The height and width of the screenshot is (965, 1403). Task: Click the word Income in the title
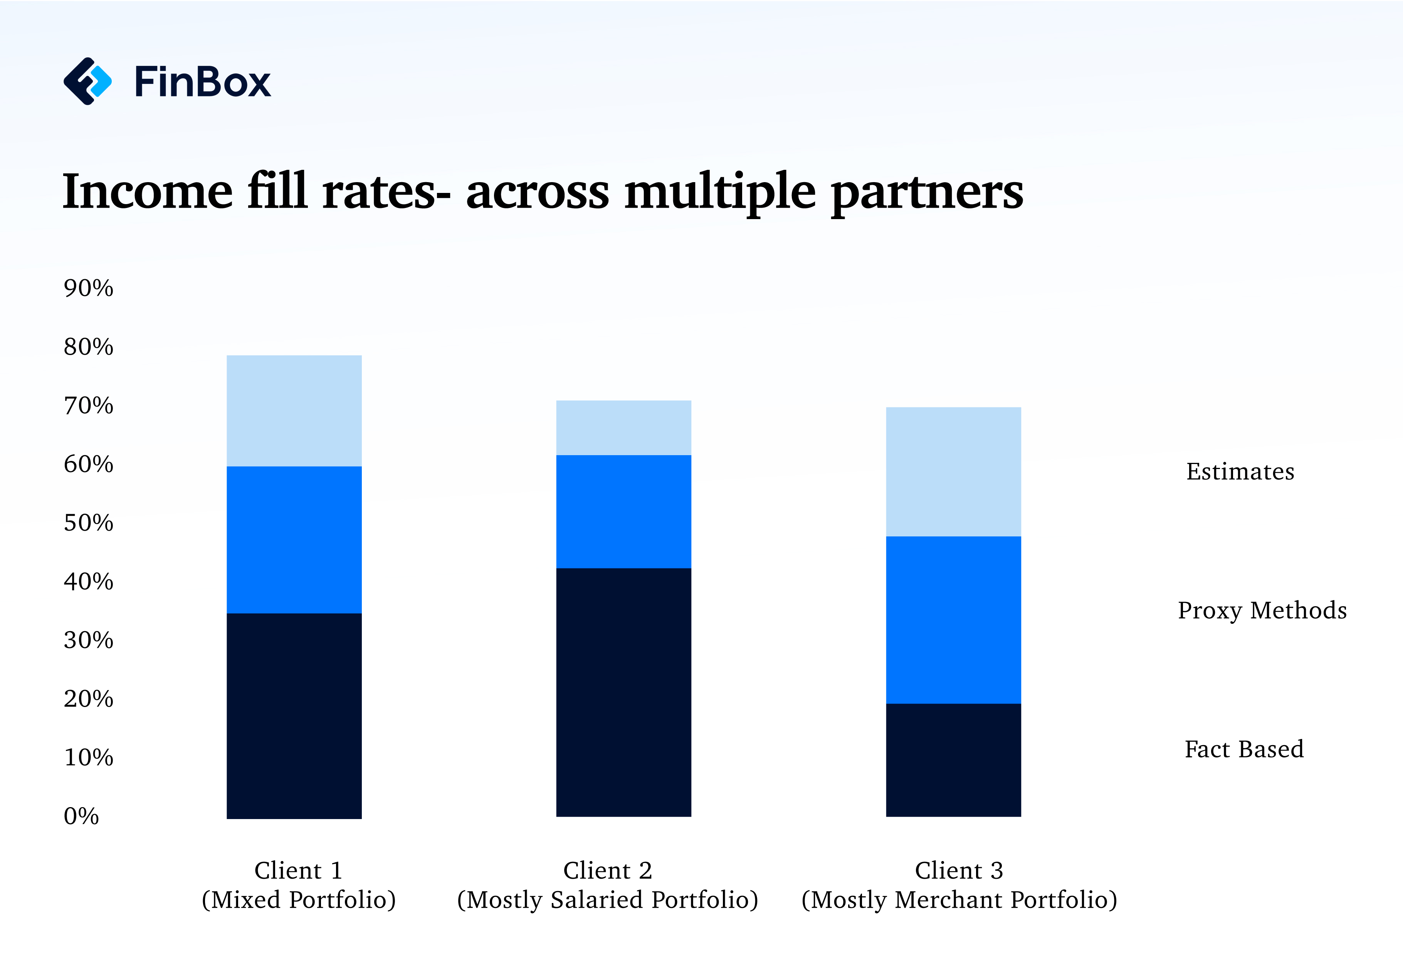(148, 192)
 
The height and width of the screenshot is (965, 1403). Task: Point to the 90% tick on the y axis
(88, 288)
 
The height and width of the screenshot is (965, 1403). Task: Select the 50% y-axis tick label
(88, 523)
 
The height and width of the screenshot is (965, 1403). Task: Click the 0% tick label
(81, 816)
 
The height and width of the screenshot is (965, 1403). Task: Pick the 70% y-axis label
(88, 406)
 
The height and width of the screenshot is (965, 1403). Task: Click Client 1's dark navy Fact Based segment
(294, 716)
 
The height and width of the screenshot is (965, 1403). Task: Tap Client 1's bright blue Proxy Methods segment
(294, 539)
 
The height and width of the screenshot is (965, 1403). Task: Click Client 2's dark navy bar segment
(623, 692)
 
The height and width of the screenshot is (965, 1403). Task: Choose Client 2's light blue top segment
(623, 427)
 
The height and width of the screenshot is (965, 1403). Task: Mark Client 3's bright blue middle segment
(953, 620)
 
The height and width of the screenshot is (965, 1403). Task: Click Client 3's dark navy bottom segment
(953, 760)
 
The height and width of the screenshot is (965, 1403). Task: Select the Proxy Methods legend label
(1262, 611)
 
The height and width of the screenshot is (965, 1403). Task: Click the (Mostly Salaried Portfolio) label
(607, 900)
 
